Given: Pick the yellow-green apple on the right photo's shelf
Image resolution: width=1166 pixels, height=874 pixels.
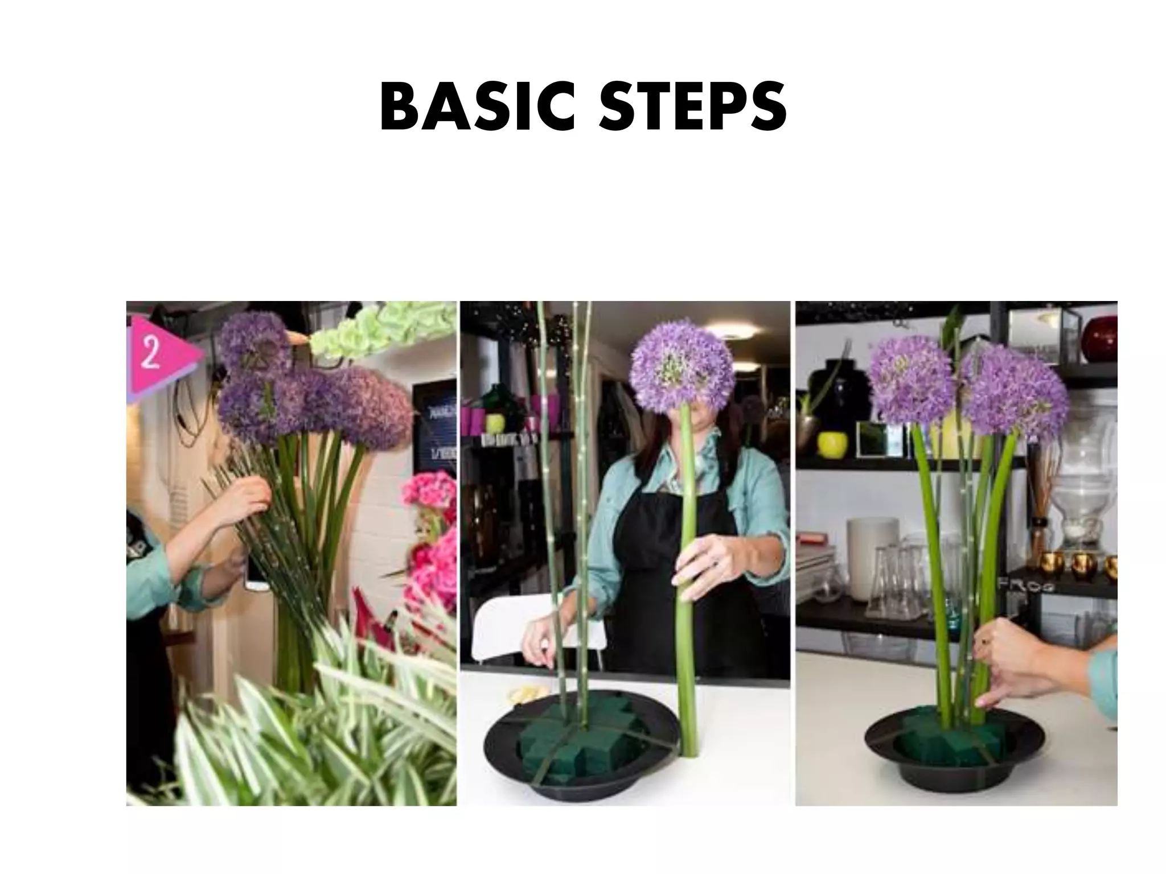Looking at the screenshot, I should pyautogui.click(x=829, y=444).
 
